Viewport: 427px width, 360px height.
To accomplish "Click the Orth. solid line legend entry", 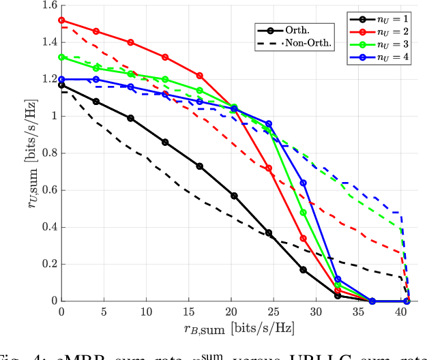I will click(285, 29).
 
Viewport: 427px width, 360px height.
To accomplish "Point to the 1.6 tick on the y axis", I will click(48, 5).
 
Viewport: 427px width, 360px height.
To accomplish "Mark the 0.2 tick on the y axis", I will click(48, 264).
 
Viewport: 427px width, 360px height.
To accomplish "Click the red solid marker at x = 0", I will click(62, 20).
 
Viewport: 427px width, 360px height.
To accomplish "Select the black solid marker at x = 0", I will click(62, 85).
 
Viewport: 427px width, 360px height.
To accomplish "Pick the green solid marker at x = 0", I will click(62, 57).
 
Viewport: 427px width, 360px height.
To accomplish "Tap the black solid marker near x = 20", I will click(234, 196).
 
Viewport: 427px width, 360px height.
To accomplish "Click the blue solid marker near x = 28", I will click(304, 183).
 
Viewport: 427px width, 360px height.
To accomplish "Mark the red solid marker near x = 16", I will click(200, 76).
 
